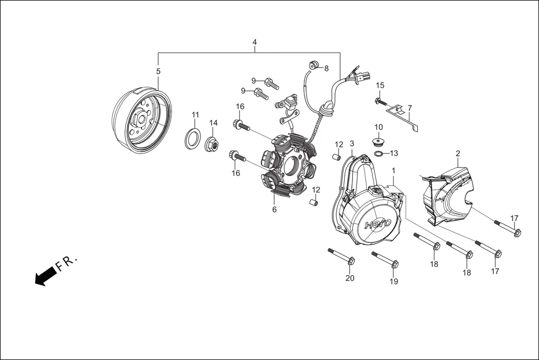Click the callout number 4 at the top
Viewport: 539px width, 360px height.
(x=255, y=42)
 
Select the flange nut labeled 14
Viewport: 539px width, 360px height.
(x=212, y=143)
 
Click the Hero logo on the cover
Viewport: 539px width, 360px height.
(x=378, y=223)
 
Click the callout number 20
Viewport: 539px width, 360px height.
(x=350, y=278)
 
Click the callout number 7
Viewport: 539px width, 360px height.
(x=409, y=107)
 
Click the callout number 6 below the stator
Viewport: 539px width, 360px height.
(x=274, y=209)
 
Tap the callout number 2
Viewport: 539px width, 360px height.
(x=457, y=153)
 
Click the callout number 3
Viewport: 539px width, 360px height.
(x=352, y=143)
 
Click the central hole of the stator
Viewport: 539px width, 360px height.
(x=292, y=165)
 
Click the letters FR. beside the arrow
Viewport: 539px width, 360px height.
(x=68, y=263)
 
